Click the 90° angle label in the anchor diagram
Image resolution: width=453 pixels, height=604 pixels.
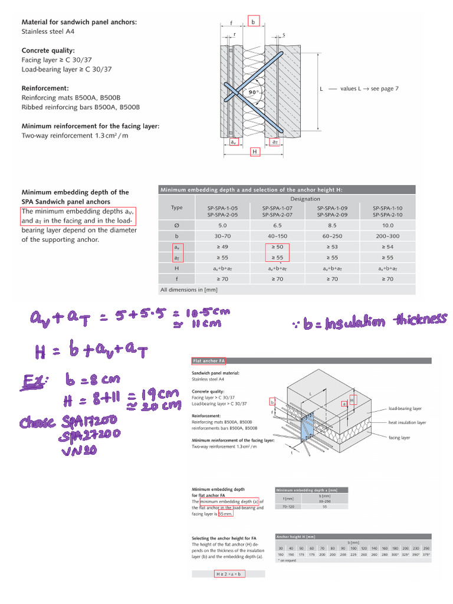pos(254,93)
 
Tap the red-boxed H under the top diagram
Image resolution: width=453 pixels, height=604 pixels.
pos(255,152)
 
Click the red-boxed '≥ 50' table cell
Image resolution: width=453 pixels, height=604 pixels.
pos(277,247)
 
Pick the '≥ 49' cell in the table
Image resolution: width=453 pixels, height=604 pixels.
pos(222,247)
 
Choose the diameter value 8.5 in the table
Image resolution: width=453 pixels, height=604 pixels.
pos(331,225)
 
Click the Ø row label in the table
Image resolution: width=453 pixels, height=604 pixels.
pos(176,225)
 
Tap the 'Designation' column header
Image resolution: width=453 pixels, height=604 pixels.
pos(304,199)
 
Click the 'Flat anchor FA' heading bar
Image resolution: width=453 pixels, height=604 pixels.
pos(209,360)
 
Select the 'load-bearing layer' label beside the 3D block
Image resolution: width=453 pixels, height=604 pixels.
pos(405,408)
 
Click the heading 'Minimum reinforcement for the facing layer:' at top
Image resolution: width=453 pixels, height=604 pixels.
pos(90,126)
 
